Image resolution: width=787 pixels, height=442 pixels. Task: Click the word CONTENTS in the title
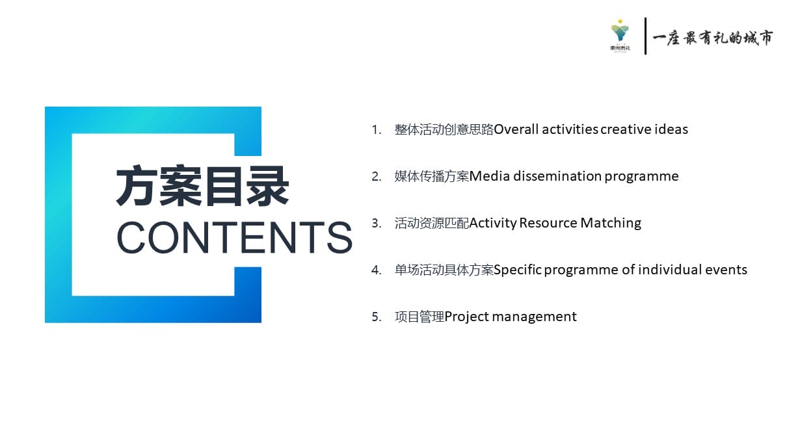tap(234, 237)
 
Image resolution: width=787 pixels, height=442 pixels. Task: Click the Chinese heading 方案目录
tap(202, 186)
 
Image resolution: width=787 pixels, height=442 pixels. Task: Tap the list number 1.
tap(377, 130)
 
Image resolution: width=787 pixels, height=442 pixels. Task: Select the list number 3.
tap(377, 224)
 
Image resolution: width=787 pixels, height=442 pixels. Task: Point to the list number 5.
tap(377, 317)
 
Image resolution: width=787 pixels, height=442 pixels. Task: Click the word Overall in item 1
tap(516, 129)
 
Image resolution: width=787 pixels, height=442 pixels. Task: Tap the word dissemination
tap(557, 176)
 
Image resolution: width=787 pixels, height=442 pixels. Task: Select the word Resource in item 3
tap(548, 223)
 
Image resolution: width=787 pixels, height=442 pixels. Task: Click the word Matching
tap(611, 224)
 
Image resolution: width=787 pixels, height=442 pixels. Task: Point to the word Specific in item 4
tap(518, 270)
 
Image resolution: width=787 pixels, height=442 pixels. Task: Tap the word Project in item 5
tap(466, 317)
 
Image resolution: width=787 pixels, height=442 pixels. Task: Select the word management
tap(535, 317)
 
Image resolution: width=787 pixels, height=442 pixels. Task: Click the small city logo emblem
tap(620, 36)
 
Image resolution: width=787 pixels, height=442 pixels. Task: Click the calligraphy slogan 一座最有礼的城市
tap(713, 38)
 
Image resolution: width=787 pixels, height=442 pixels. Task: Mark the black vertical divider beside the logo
tap(645, 36)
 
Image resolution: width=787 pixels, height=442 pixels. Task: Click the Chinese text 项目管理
tap(420, 317)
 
